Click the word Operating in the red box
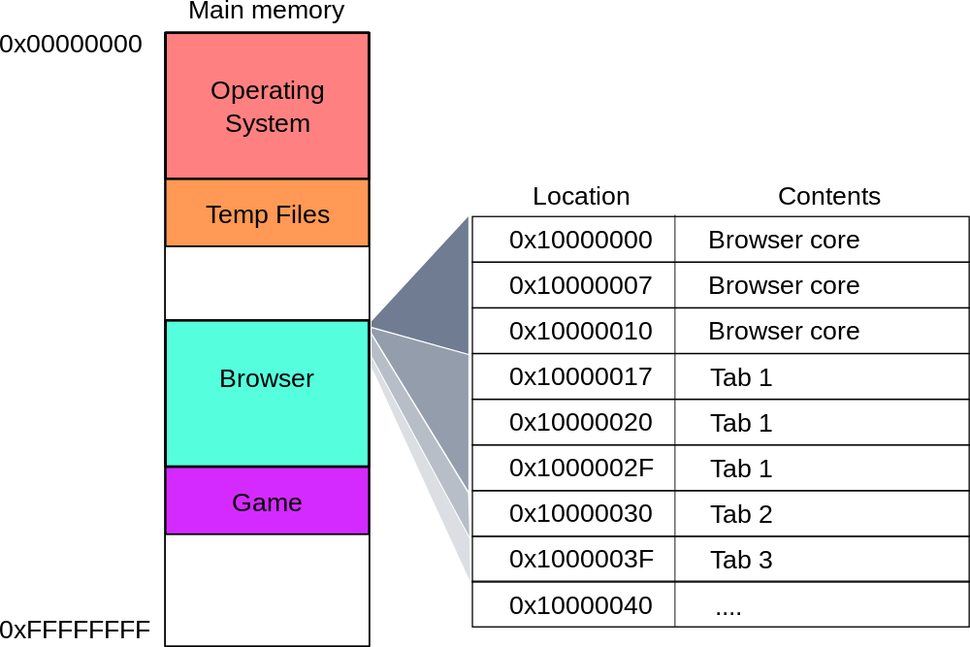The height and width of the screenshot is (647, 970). [268, 90]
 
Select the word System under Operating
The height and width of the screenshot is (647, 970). [268, 124]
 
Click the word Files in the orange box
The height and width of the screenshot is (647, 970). [301, 214]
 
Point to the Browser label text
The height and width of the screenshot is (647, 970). [267, 378]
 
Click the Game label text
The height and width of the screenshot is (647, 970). [267, 502]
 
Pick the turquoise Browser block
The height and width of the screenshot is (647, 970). [267, 427]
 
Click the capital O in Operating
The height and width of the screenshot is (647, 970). [220, 90]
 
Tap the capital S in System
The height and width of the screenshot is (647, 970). [233, 124]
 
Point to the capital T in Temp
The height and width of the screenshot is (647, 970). [212, 214]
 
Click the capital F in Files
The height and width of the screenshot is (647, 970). [282, 214]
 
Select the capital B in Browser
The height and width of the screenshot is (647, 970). [227, 378]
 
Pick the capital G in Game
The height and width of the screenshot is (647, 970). [241, 502]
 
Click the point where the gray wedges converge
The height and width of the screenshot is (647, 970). [371, 324]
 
